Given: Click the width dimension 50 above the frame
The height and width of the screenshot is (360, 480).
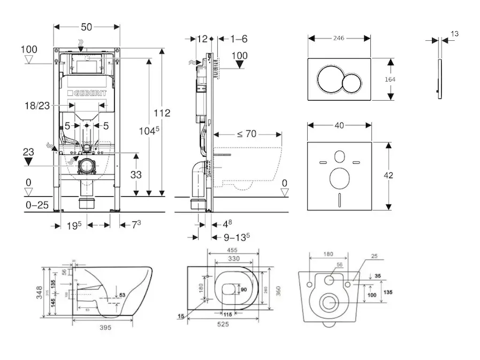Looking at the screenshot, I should point(87,27).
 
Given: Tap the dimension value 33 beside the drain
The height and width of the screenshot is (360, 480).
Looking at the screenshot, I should point(137,176).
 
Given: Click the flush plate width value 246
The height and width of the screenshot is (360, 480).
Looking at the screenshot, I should point(340,37).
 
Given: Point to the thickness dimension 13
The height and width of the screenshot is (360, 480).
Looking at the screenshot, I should point(454,34).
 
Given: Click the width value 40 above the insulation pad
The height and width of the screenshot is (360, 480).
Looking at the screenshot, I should point(339,125).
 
